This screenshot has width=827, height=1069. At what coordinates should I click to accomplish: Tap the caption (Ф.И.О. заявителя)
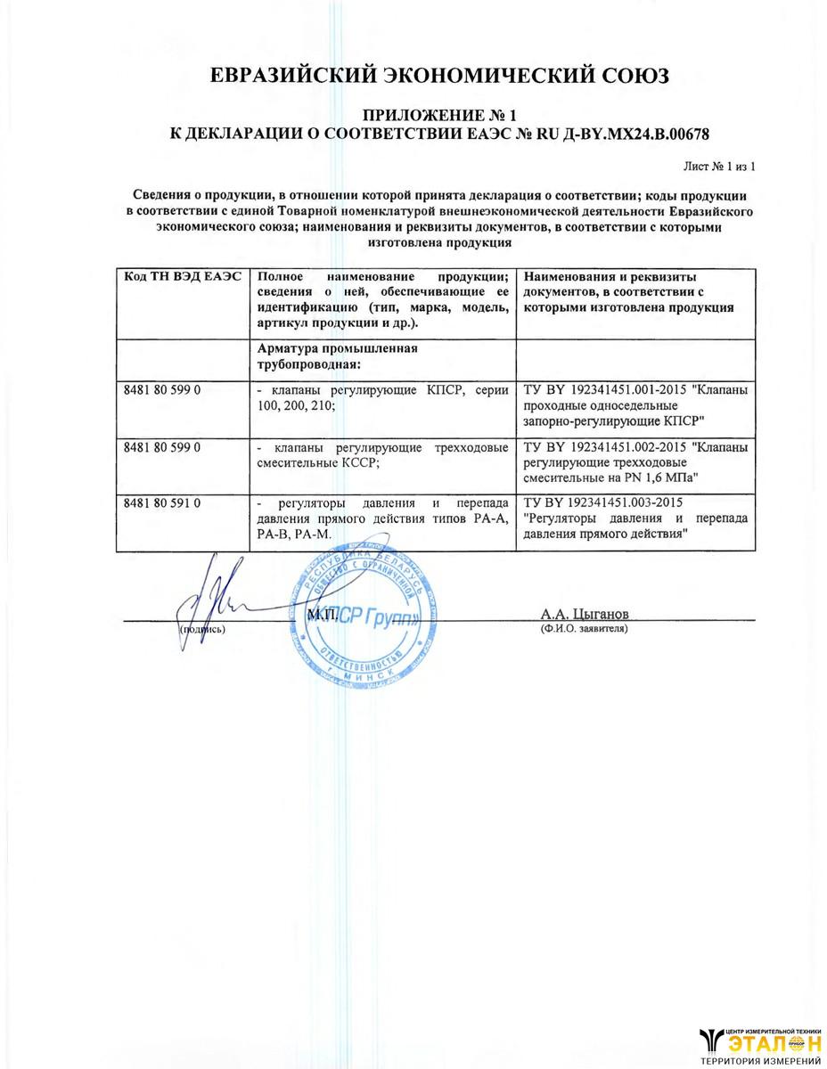tap(584, 629)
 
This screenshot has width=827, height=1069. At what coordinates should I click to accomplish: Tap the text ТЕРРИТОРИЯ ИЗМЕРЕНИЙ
tap(760, 1061)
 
